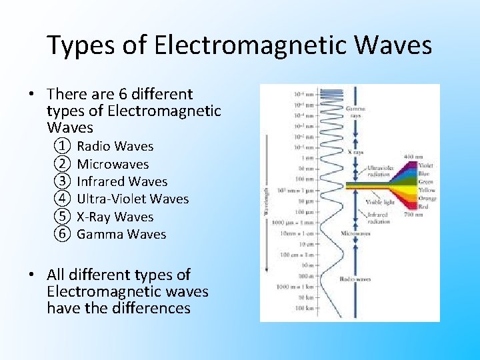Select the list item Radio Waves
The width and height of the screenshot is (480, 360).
tap(115, 146)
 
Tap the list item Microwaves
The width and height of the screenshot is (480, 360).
tap(113, 164)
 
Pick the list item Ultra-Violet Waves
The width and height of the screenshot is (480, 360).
tap(133, 199)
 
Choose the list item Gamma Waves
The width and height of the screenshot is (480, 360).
tap(121, 234)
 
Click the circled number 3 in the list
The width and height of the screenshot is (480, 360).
tap(63, 181)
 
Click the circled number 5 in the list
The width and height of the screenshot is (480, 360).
tap(63, 217)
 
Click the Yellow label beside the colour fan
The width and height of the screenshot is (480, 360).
tap(427, 189)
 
